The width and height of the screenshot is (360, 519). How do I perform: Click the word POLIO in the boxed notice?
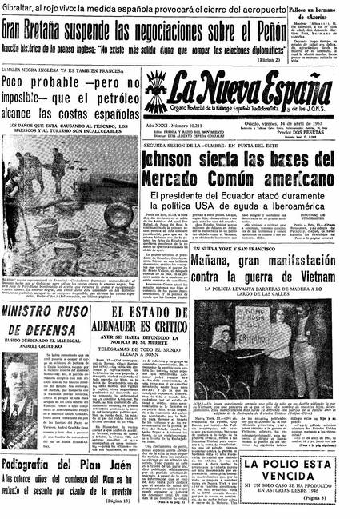[287, 465]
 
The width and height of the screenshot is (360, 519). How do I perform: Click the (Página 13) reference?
[118, 500]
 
